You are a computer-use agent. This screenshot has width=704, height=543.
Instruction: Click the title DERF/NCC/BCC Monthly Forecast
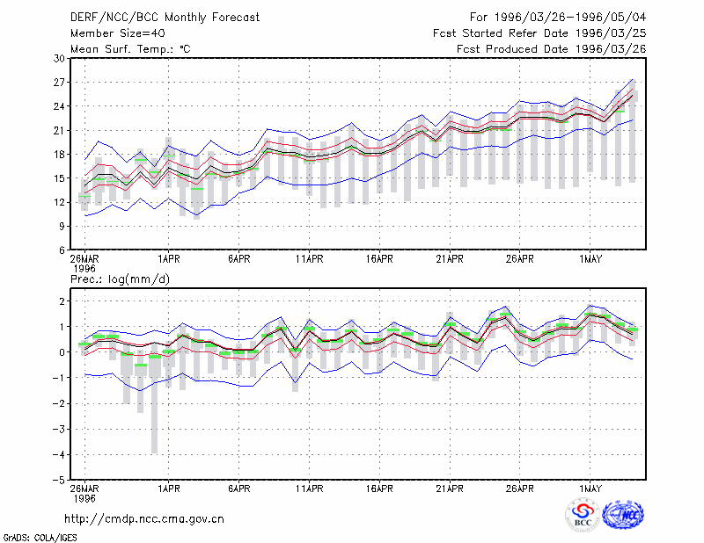pos(165,18)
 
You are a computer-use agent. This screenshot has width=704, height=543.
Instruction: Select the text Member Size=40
pos(118,33)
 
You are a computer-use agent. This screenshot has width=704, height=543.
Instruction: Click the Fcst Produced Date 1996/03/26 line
pos(552,49)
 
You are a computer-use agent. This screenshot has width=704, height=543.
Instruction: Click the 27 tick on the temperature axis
pos(59,83)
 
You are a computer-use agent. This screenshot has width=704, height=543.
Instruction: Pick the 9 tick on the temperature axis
pos(62,227)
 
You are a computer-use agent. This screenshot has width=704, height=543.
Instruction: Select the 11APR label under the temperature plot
pos(310,259)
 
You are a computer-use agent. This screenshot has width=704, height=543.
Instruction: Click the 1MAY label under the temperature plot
pos(590,259)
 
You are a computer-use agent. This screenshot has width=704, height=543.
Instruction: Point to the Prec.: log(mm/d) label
pos(120,279)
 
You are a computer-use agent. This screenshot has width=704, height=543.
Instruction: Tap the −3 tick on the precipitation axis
pos(59,429)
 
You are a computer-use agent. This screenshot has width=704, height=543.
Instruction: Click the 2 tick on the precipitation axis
pos(62,300)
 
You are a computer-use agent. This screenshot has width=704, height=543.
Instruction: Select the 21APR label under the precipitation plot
pos(450,489)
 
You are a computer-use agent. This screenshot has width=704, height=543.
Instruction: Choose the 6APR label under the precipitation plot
pos(238,489)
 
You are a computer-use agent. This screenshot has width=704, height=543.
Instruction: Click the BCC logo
pos(583,516)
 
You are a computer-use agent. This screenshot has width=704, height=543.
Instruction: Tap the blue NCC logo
pos(623,515)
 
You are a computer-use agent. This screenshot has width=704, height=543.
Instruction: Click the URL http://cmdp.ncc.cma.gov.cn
pos(144,519)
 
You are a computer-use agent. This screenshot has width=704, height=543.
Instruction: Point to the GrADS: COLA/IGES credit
pos(40,538)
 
